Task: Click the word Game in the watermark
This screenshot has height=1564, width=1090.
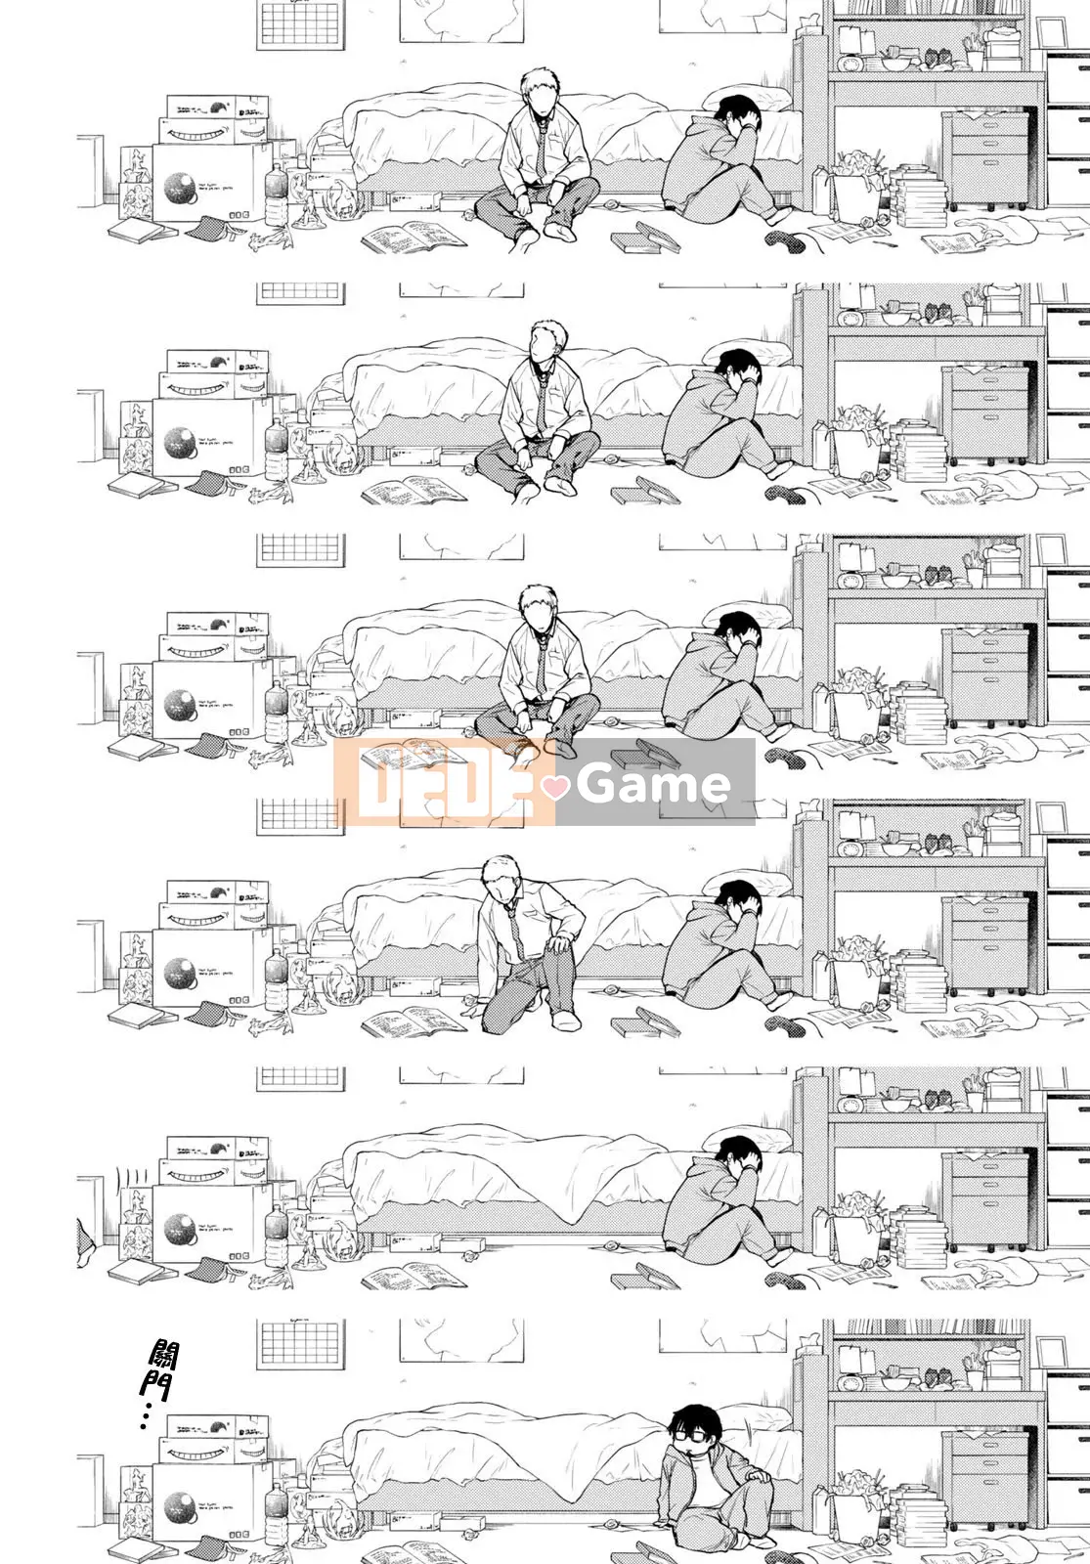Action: (653, 783)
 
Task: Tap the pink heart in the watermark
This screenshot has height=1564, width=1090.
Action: (555, 785)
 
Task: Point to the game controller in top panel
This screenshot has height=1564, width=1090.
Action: (782, 237)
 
